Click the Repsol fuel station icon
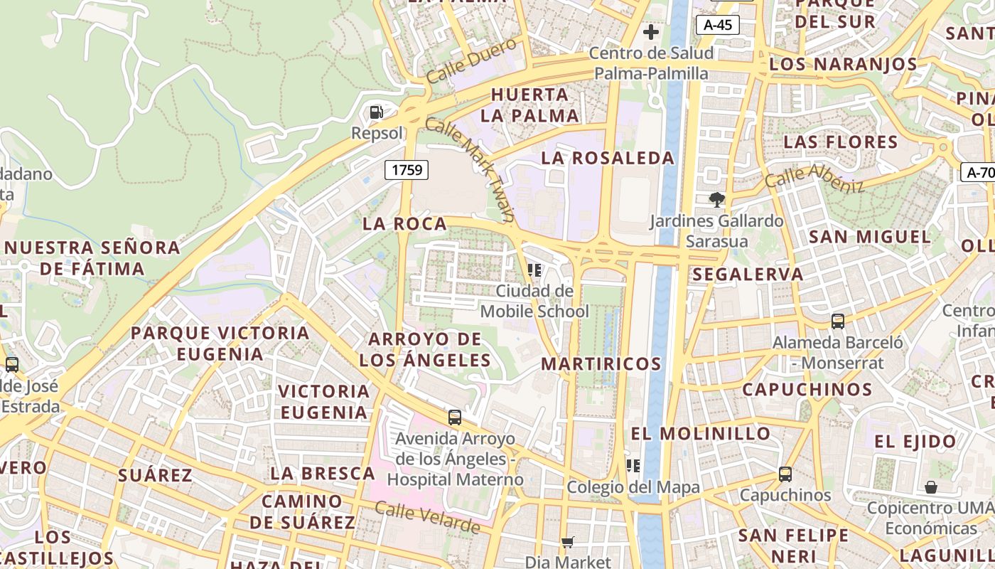coord(376,112)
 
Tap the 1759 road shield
coord(407,169)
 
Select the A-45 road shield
coord(718,25)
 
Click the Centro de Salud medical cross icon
coord(650,32)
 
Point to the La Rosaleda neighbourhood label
coord(608,158)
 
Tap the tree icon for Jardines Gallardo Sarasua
coord(716,200)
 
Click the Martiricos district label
coord(601,364)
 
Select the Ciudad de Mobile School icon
coord(534,270)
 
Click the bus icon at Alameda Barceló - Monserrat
coord(838,321)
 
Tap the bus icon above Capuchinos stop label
coord(785,474)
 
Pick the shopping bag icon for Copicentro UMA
coord(930,487)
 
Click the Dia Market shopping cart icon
coord(567,543)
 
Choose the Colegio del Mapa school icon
coord(633,466)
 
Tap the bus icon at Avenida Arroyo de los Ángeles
coord(455,418)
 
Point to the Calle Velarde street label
coord(427,518)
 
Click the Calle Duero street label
coord(471,60)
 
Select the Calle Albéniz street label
coord(814,178)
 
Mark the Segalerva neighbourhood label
coord(748,275)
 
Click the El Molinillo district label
coord(701,433)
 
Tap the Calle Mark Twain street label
coord(470,169)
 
